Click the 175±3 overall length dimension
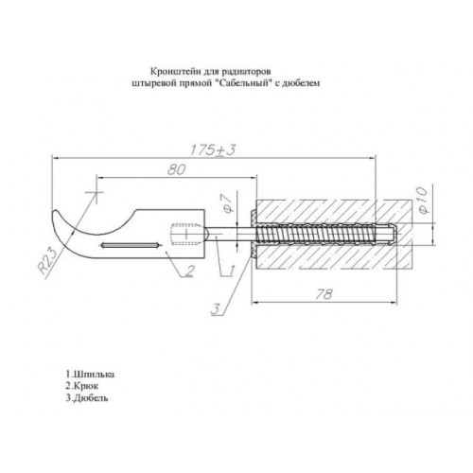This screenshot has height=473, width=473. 213,150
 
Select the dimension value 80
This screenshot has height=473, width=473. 176,170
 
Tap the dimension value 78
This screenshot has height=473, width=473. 324,294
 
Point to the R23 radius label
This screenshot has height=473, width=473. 46,260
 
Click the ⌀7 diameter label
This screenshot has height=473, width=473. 227,202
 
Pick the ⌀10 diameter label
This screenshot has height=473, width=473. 423,201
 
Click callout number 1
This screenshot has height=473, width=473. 231,271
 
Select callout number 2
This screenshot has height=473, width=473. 189,271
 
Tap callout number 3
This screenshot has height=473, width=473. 216,308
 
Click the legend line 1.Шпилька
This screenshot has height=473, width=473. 90,375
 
